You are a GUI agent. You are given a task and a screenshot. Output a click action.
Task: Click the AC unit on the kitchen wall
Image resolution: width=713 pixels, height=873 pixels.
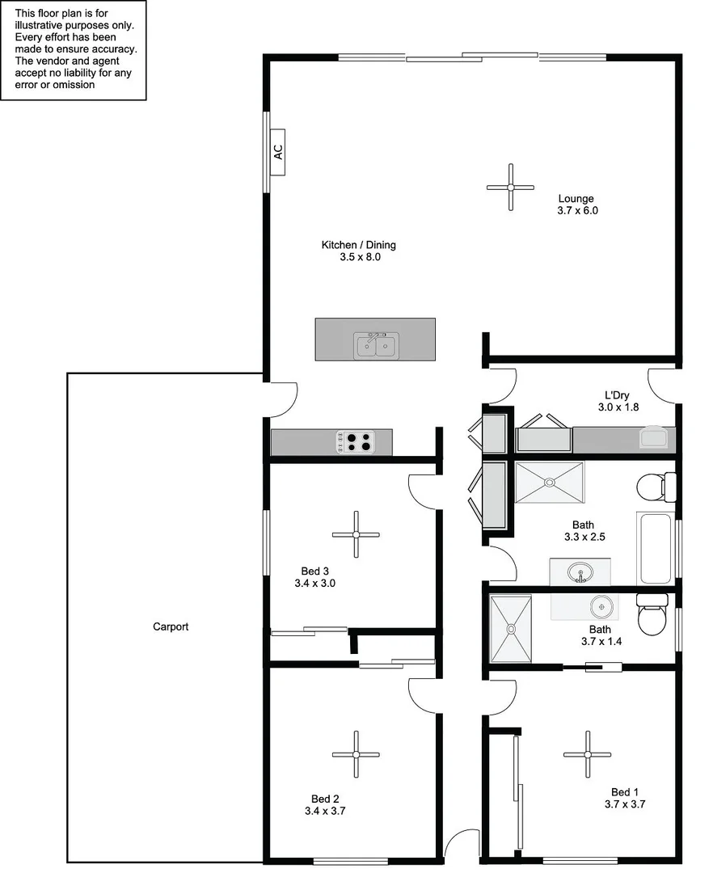pos(278,152)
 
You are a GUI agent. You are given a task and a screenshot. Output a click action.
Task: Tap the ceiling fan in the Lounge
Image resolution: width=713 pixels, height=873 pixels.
pos(510,187)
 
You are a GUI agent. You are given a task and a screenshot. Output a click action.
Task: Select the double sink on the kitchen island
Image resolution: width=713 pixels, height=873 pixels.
pos(375,347)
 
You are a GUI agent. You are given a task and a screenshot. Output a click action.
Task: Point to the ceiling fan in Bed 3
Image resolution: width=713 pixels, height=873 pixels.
pos(356,534)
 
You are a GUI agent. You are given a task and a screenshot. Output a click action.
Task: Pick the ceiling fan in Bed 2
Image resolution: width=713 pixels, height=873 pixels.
pos(356,754)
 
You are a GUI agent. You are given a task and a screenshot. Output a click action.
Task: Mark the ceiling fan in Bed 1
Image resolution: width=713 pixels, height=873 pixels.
pos(587,754)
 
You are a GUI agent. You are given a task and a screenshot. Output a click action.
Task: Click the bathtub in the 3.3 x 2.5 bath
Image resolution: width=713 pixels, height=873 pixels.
pos(655,547)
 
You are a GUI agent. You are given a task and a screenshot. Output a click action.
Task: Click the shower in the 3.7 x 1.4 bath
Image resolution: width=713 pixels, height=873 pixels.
pos(511,628)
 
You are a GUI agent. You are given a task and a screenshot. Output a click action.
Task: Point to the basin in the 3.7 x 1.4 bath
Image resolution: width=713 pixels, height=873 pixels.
pos(601,605)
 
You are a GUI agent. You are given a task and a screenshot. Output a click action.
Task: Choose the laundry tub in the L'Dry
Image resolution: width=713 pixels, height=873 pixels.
pos(656,437)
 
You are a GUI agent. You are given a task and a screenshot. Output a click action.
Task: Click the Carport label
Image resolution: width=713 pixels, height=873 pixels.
pos(171,626)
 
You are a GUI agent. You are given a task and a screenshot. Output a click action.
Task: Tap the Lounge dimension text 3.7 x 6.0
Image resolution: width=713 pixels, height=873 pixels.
pos(577,210)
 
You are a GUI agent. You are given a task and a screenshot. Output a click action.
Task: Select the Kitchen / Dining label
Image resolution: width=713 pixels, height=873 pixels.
pos(359,245)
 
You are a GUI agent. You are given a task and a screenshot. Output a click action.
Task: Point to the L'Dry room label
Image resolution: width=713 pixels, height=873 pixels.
pos(614,395)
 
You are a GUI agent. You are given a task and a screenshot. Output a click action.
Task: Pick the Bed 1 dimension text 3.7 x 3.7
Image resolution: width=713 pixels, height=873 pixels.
pos(624,804)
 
